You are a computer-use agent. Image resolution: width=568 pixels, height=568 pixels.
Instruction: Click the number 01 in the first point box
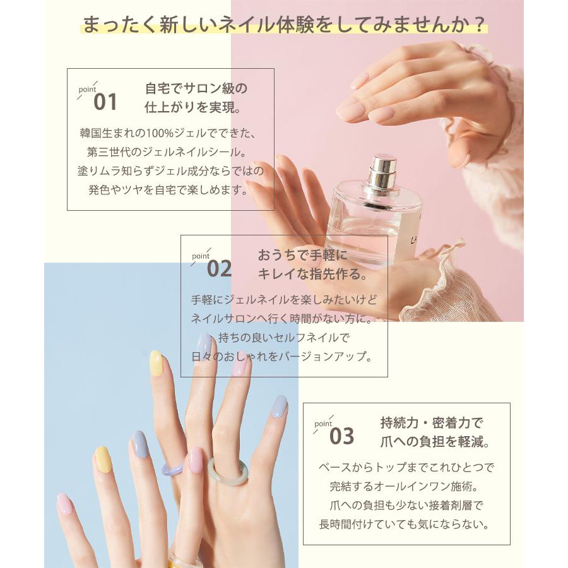[x=105, y=102]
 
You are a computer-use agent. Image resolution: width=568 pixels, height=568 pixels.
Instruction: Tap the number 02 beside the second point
[x=219, y=269]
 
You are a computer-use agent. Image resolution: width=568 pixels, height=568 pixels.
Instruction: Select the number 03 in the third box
[x=342, y=436]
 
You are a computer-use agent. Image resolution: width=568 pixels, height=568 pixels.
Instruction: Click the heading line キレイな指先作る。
[x=312, y=274]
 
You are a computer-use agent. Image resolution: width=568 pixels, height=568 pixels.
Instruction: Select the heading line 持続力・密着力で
[x=431, y=423]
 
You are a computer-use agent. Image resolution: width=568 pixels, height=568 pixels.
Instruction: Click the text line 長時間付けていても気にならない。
[x=406, y=524]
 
